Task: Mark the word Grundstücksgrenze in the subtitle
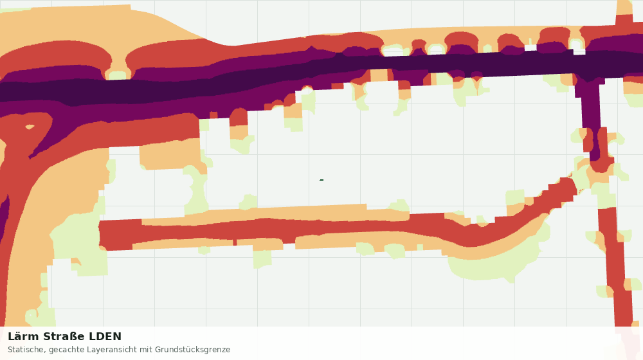(192, 350)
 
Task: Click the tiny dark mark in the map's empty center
(321, 179)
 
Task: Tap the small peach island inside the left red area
(30, 127)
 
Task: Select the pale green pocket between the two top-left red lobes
(117, 75)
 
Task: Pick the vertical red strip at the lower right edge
(617, 267)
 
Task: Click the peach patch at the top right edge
(624, 7)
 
